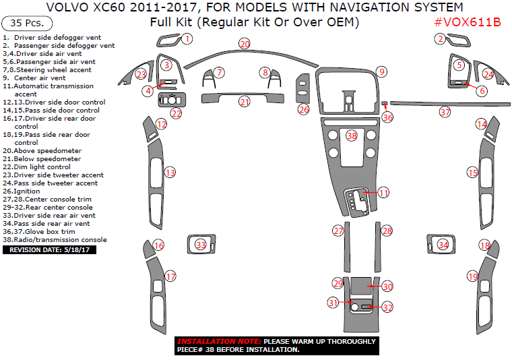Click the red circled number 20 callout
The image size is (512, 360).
pos(245,44)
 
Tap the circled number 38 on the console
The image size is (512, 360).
pos(351,136)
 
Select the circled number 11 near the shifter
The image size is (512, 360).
pos(383,193)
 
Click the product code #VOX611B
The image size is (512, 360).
pos(467,22)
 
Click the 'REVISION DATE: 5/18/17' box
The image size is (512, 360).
pos(50,249)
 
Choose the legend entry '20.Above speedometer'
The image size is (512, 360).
pos(42,150)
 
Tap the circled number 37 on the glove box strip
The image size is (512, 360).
pos(445,112)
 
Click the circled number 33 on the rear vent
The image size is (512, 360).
pos(200,244)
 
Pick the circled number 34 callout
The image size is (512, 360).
pos(443,245)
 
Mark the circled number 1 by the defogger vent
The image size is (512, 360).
pos(187,39)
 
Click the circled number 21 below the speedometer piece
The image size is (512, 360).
pos(245,102)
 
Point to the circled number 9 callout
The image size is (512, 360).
pos(381,71)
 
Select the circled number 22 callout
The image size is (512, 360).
pos(176,113)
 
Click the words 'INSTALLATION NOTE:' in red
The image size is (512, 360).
pos(219,341)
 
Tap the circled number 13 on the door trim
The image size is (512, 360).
pos(170,173)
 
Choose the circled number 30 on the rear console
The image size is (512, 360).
pos(387,287)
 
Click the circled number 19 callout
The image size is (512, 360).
pos(473,276)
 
